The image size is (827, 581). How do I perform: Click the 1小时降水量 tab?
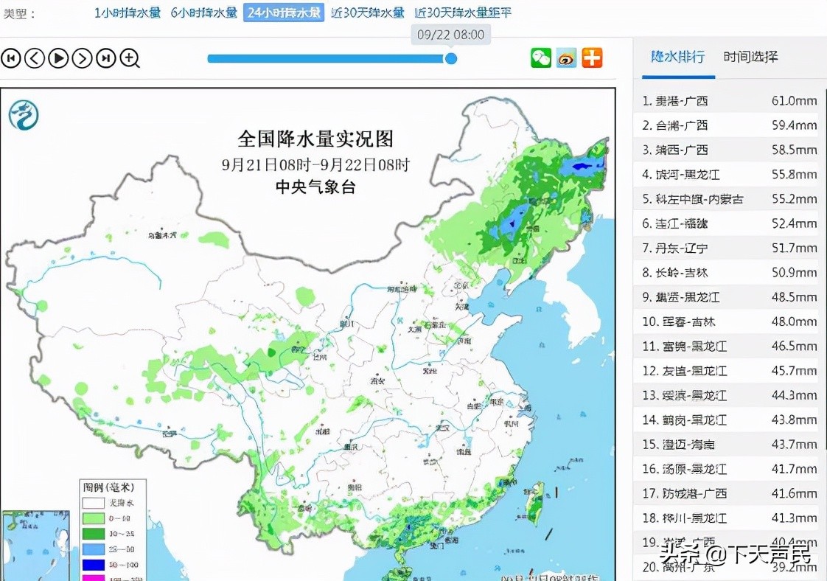[x=127, y=13]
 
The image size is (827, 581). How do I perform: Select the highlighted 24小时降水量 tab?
[x=284, y=13]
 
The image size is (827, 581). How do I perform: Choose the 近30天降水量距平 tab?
[x=463, y=13]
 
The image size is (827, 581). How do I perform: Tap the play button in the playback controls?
[x=58, y=58]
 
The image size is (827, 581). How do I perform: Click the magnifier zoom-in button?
[x=130, y=58]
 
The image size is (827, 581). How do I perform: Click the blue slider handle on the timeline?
[x=451, y=58]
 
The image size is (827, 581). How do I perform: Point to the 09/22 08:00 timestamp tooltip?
[x=450, y=35]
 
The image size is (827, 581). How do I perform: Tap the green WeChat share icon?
[x=541, y=58]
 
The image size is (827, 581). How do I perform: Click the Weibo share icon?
[x=566, y=58]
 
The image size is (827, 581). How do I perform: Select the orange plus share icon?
[x=592, y=58]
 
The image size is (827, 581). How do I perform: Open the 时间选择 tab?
[x=750, y=57]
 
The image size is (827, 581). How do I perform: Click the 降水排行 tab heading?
[x=677, y=57]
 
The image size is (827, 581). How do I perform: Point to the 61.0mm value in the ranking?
[x=795, y=101]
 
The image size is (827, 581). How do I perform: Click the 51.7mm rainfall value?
[x=795, y=248]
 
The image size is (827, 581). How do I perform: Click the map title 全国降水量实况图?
[x=315, y=139]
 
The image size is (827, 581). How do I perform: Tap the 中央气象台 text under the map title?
[x=315, y=187]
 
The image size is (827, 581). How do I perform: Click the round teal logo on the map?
[x=24, y=115]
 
